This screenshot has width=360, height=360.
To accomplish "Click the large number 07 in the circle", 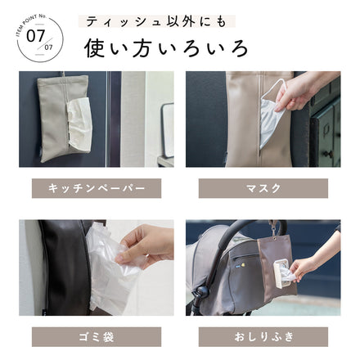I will pos(36,36).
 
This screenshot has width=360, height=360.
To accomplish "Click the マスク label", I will pos(263,188).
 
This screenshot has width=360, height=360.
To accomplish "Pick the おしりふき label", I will pos(263,336).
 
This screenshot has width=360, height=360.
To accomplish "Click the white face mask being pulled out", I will pos(269,119).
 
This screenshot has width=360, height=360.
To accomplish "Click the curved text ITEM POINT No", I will pos(25,18).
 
